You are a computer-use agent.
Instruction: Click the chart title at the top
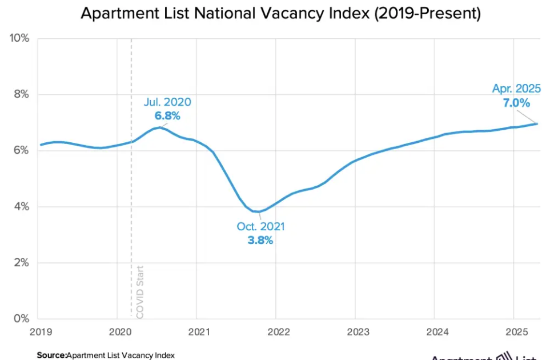click(x=280, y=13)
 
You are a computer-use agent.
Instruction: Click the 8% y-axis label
click(x=21, y=94)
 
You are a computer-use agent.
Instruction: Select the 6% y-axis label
click(x=21, y=150)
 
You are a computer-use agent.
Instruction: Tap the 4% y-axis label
click(x=21, y=206)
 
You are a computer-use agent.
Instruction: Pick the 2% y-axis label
click(x=21, y=262)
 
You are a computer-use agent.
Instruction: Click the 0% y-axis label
click(x=21, y=318)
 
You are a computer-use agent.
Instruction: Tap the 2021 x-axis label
click(x=196, y=332)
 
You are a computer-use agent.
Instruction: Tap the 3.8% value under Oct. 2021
click(x=260, y=240)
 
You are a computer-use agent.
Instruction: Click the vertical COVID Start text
click(x=140, y=291)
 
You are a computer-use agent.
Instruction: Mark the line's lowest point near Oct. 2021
click(x=258, y=212)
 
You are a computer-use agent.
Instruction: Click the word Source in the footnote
click(x=51, y=355)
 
